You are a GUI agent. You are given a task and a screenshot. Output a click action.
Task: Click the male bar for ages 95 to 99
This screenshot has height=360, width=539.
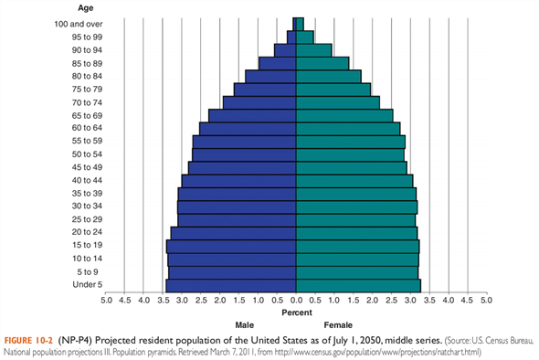291,37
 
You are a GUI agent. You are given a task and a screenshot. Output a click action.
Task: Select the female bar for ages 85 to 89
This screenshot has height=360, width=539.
322,63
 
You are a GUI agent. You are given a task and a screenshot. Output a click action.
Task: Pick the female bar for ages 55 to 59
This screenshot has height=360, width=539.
351,142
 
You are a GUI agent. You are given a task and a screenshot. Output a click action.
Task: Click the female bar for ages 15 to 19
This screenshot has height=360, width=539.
357,247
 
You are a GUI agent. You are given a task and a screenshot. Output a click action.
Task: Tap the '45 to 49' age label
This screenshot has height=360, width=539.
73,167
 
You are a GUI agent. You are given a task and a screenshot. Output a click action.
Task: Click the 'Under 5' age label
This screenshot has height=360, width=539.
74,286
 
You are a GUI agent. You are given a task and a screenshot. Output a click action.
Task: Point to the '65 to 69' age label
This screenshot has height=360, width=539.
73,115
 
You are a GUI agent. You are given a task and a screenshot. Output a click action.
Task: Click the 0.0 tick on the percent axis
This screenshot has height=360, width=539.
297,300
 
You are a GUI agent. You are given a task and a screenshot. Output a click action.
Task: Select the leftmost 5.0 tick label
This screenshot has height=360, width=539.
106,300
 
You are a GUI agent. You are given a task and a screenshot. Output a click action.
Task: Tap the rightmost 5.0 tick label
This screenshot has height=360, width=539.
487,300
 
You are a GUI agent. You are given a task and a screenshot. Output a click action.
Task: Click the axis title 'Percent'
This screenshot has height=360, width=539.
296,312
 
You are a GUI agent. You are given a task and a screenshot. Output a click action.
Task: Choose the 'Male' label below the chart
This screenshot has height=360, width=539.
245,324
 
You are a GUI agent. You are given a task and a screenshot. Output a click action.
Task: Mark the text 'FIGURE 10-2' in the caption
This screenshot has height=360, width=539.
29,339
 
